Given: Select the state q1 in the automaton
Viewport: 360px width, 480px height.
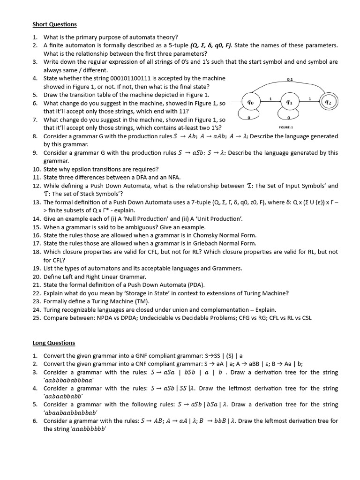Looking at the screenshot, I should click(289, 102).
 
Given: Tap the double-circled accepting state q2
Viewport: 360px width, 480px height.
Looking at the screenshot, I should click(328, 102).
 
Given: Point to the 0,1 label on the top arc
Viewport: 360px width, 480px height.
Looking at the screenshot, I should click(290, 80).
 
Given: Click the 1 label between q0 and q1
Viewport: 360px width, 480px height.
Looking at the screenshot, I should click(270, 98).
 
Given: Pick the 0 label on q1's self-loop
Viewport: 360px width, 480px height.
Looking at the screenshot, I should click(289, 118).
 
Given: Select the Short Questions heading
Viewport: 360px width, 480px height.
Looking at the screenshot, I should click(54, 24).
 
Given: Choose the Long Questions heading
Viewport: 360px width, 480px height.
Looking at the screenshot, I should click(53, 343).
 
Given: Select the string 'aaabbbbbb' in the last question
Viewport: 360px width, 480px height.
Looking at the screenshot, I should click(89, 428).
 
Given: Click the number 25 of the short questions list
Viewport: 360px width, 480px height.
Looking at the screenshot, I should click(37, 318).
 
